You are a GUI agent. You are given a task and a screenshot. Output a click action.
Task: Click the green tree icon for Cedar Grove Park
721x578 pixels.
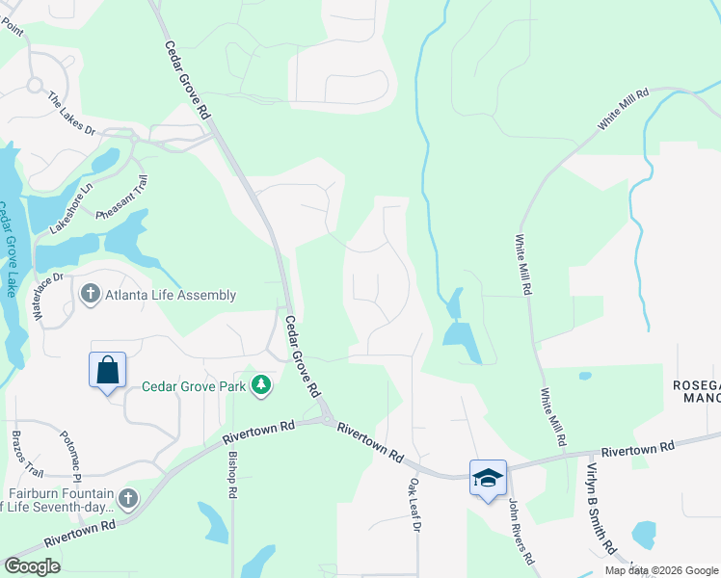(260, 386)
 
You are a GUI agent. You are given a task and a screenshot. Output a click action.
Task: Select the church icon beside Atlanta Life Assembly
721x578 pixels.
(91, 295)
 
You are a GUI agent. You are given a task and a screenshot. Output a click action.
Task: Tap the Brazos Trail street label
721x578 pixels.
(28, 455)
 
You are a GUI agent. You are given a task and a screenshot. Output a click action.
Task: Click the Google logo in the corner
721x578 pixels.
(32, 566)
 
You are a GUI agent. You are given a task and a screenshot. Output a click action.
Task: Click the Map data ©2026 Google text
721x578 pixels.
(661, 570)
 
